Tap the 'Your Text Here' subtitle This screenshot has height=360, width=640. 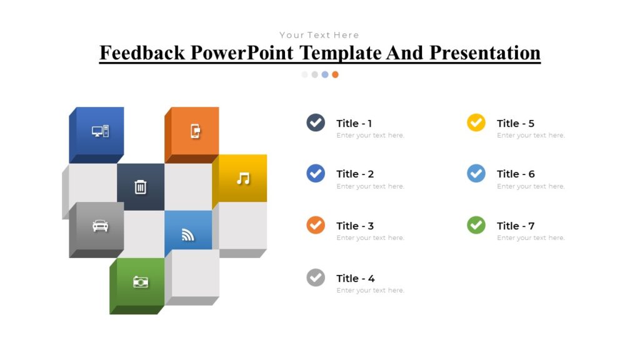(319, 35)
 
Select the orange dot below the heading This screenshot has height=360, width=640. (336, 74)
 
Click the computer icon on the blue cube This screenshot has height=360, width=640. (100, 131)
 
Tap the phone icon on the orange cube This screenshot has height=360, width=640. (195, 131)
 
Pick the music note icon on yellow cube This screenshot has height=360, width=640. (243, 178)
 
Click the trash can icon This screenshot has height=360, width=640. (141, 186)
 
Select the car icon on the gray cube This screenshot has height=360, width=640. (100, 226)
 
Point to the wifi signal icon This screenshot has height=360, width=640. (188, 234)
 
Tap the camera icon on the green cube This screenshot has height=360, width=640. (141, 282)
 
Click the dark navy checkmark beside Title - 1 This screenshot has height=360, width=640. (316, 122)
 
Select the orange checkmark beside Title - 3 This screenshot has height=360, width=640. (316, 225)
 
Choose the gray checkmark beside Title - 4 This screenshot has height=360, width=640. (316, 277)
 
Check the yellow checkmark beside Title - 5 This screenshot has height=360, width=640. (476, 122)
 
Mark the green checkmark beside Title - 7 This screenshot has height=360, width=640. (476, 225)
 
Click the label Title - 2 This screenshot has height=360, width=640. (355, 174)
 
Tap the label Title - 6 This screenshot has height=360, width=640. (516, 174)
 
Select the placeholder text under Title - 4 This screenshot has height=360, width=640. (370, 290)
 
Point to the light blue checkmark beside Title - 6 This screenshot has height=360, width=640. (476, 174)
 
